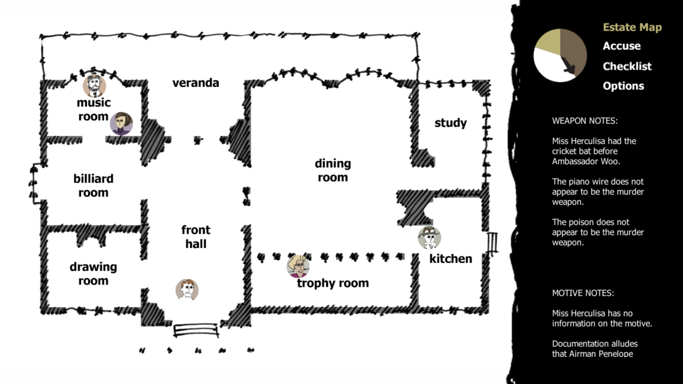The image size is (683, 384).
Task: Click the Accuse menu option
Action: point(621,46)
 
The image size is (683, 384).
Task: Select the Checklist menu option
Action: point(627,66)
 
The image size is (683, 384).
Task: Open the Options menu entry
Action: point(623,86)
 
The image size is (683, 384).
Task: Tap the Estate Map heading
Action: point(632,27)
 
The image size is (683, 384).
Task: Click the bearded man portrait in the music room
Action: point(94,85)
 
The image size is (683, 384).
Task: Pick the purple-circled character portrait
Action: point(121,124)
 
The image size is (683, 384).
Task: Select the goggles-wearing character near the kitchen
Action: point(429,238)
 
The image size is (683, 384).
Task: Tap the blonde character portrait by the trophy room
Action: point(298,266)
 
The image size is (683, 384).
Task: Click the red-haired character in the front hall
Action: point(187,290)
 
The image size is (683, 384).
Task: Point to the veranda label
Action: point(196,83)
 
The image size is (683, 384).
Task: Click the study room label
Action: point(450,123)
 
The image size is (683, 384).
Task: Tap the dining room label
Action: point(333,170)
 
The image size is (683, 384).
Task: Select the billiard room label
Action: point(93,185)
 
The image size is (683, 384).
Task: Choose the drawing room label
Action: point(93,273)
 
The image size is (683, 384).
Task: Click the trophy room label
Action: point(333,283)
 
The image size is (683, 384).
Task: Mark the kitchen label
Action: point(451,258)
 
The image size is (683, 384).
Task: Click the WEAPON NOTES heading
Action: point(584,121)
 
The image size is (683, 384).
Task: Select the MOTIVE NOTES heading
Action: point(583,293)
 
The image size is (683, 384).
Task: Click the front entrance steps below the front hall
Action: point(196,330)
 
